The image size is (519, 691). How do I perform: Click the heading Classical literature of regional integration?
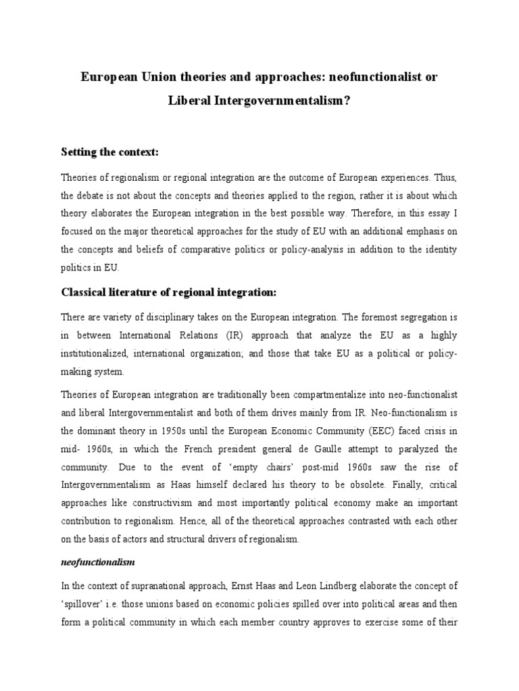(x=170, y=292)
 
